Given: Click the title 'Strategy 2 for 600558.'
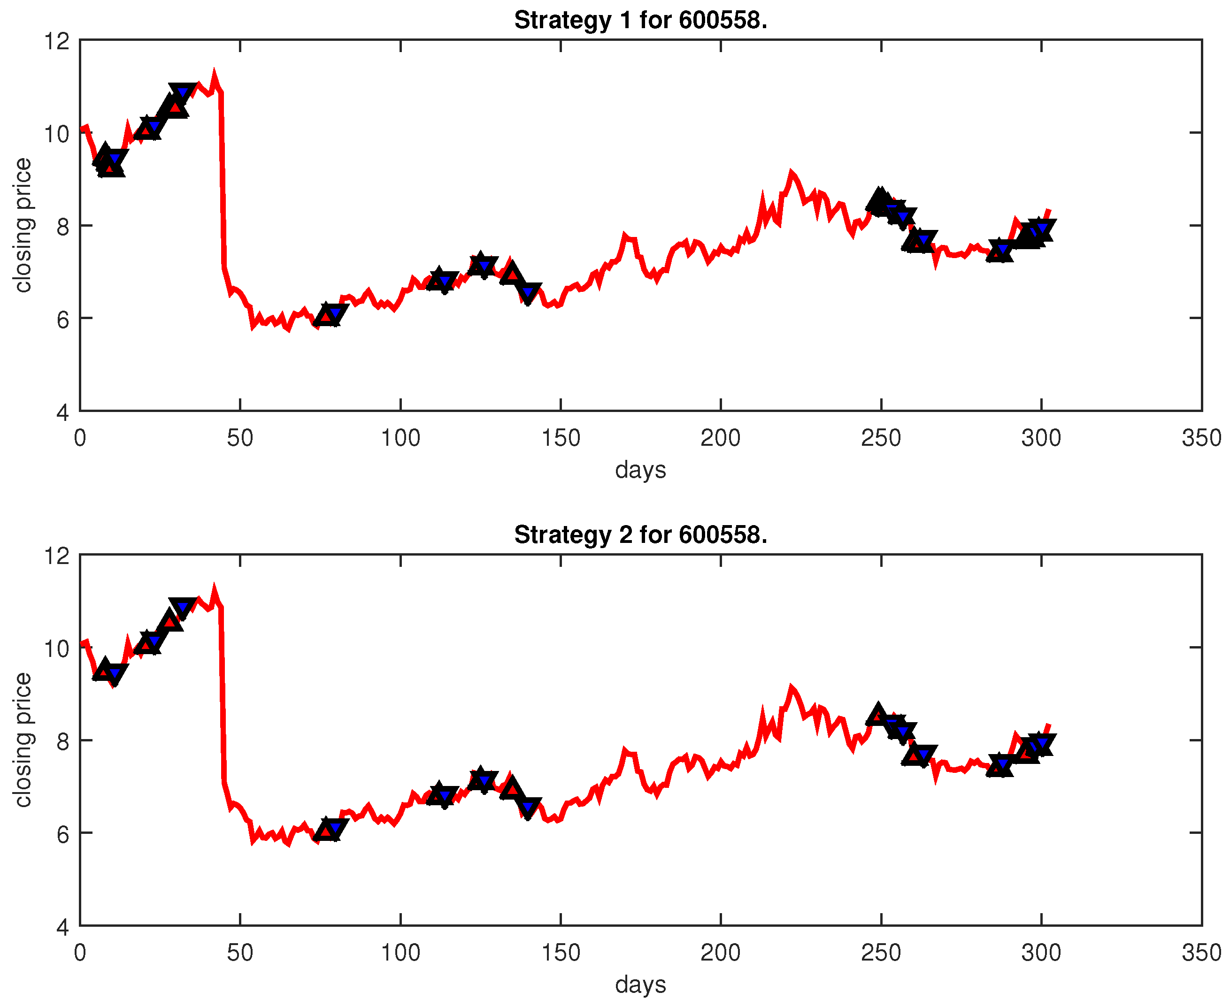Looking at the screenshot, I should pos(640,535).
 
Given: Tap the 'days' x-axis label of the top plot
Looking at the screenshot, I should pos(640,469).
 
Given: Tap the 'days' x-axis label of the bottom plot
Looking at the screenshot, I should pos(640,984).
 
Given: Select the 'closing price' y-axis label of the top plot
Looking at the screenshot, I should pos(23,225).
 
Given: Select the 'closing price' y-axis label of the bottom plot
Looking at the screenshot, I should pos(23,740).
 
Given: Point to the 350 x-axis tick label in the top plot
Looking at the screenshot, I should pos(1201,438).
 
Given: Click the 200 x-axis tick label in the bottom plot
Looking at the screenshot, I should pos(720,953).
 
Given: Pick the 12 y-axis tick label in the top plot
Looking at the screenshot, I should pos(57,41).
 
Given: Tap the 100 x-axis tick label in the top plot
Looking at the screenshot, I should pos(400,438).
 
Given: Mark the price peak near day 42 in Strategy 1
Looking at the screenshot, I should pos(214,74).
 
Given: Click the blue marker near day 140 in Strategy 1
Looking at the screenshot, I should pos(528,292).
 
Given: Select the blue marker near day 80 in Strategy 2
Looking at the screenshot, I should pos(335,828).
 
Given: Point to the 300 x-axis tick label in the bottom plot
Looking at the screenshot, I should pos(1041,953).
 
